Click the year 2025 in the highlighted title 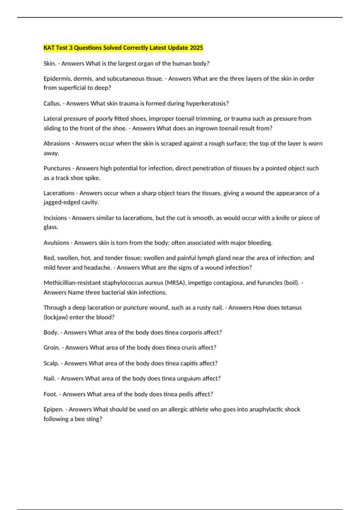[x=196, y=48]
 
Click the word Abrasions [x=57, y=143]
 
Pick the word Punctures [x=57, y=168]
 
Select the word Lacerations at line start [x=59, y=193]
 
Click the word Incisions [x=55, y=218]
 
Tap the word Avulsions [x=56, y=243]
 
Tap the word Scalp [x=51, y=363]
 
